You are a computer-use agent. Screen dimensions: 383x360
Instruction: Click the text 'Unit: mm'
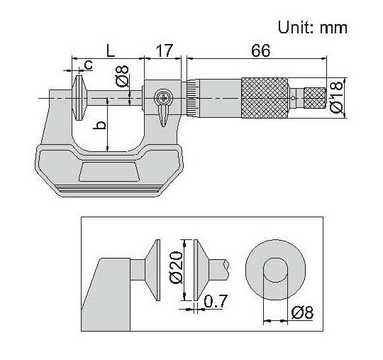tap(313, 28)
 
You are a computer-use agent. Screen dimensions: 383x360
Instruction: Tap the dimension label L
tap(111, 51)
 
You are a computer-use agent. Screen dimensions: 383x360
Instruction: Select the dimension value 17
tap(165, 51)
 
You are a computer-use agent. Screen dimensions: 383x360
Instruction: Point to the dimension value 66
tap(260, 51)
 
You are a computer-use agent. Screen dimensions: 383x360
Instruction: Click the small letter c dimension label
tap(88, 65)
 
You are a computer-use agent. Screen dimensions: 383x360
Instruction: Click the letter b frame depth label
tap(101, 125)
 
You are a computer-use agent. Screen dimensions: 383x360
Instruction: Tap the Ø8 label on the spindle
tap(122, 76)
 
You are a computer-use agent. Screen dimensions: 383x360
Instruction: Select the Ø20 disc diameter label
tap(176, 268)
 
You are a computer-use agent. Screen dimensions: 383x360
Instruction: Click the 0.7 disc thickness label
tap(216, 301)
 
